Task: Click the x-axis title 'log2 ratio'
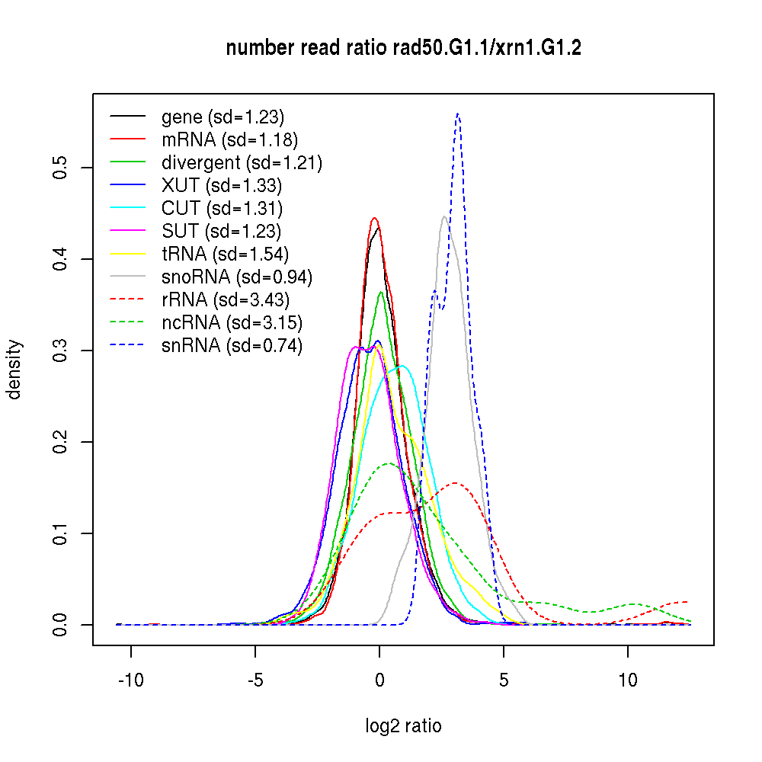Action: pos(403,725)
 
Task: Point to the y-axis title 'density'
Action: pos(14,370)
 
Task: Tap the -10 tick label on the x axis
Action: pos(131,680)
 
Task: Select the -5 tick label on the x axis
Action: pos(255,680)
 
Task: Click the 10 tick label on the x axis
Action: pos(628,680)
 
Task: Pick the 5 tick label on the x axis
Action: pos(504,680)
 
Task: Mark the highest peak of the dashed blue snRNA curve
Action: pos(457,114)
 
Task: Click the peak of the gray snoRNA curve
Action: pos(443,216)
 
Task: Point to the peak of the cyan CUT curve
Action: pos(402,366)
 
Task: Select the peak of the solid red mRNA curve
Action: pos(374,218)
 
